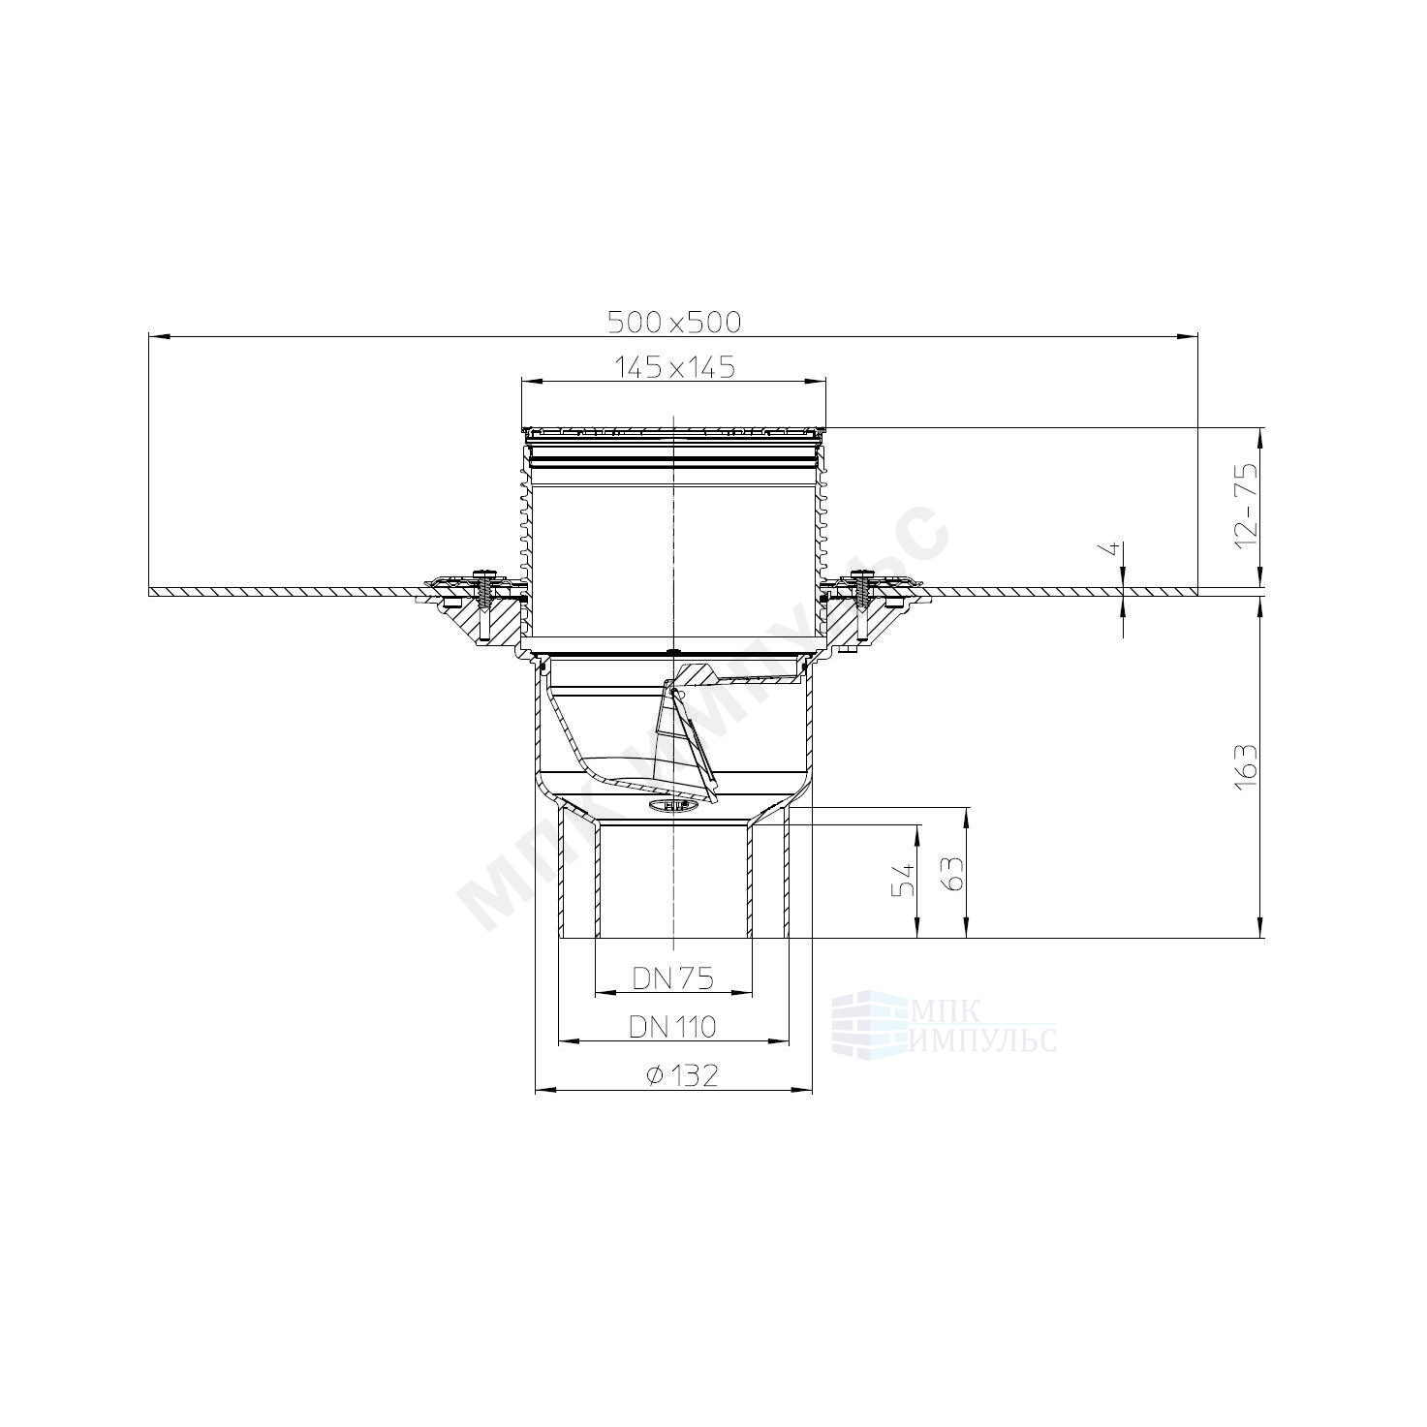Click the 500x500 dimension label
pyautogui.click(x=674, y=323)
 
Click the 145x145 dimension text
pyautogui.click(x=674, y=366)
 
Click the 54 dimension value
pyautogui.click(x=904, y=880)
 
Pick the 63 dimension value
pyautogui.click(x=954, y=874)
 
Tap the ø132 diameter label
pyautogui.click(x=682, y=1074)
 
